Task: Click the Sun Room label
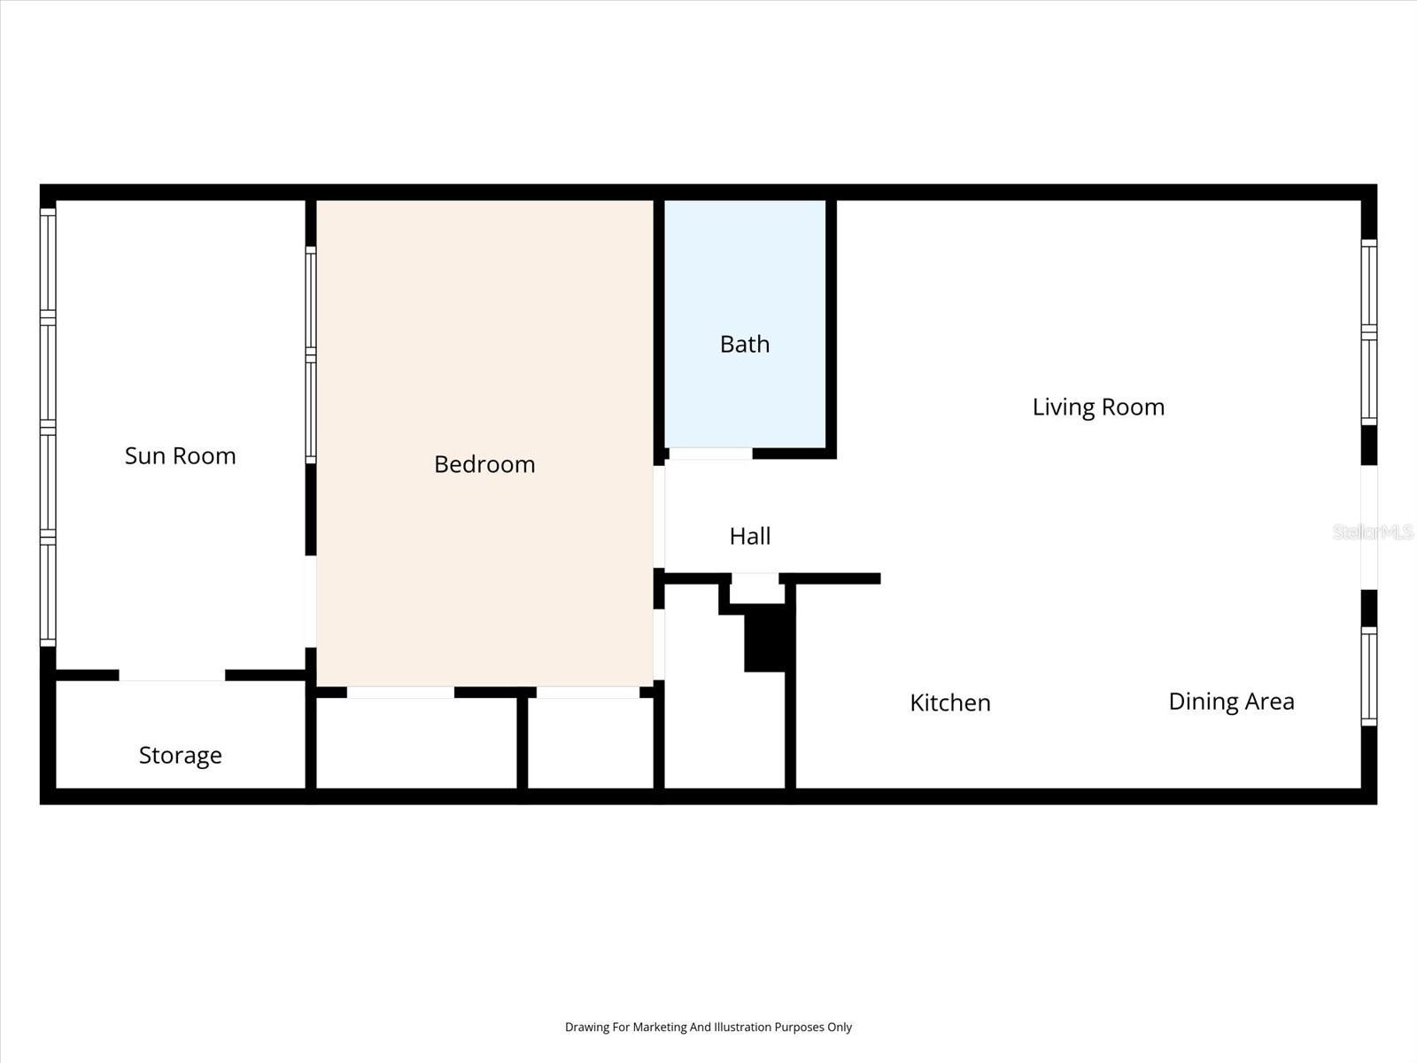pyautogui.click(x=180, y=455)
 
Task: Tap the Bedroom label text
pyautogui.click(x=484, y=464)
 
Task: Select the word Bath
pyautogui.click(x=744, y=344)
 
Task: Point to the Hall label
pyautogui.click(x=749, y=536)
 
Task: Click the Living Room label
pyautogui.click(x=1097, y=407)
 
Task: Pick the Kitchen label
pyautogui.click(x=949, y=702)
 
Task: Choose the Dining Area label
pyautogui.click(x=1230, y=702)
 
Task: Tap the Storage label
pyautogui.click(x=180, y=755)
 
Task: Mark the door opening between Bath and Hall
pyautogui.click(x=710, y=454)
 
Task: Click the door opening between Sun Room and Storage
pyautogui.click(x=172, y=675)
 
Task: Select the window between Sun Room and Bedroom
pyautogui.click(x=311, y=354)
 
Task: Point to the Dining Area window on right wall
pyautogui.click(x=1369, y=676)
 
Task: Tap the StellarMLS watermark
pyautogui.click(x=1373, y=532)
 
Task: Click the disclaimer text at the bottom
pyautogui.click(x=708, y=1027)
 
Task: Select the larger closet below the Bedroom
pyautogui.click(x=416, y=742)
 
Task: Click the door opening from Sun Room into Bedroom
pyautogui.click(x=311, y=601)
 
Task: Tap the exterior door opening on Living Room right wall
pyautogui.click(x=1369, y=527)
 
